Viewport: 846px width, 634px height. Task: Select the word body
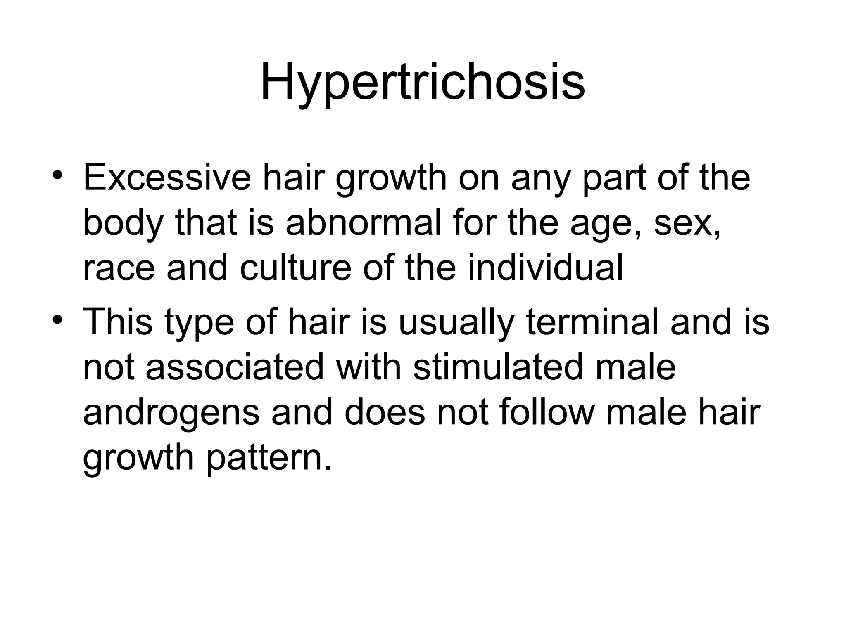coord(123,225)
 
